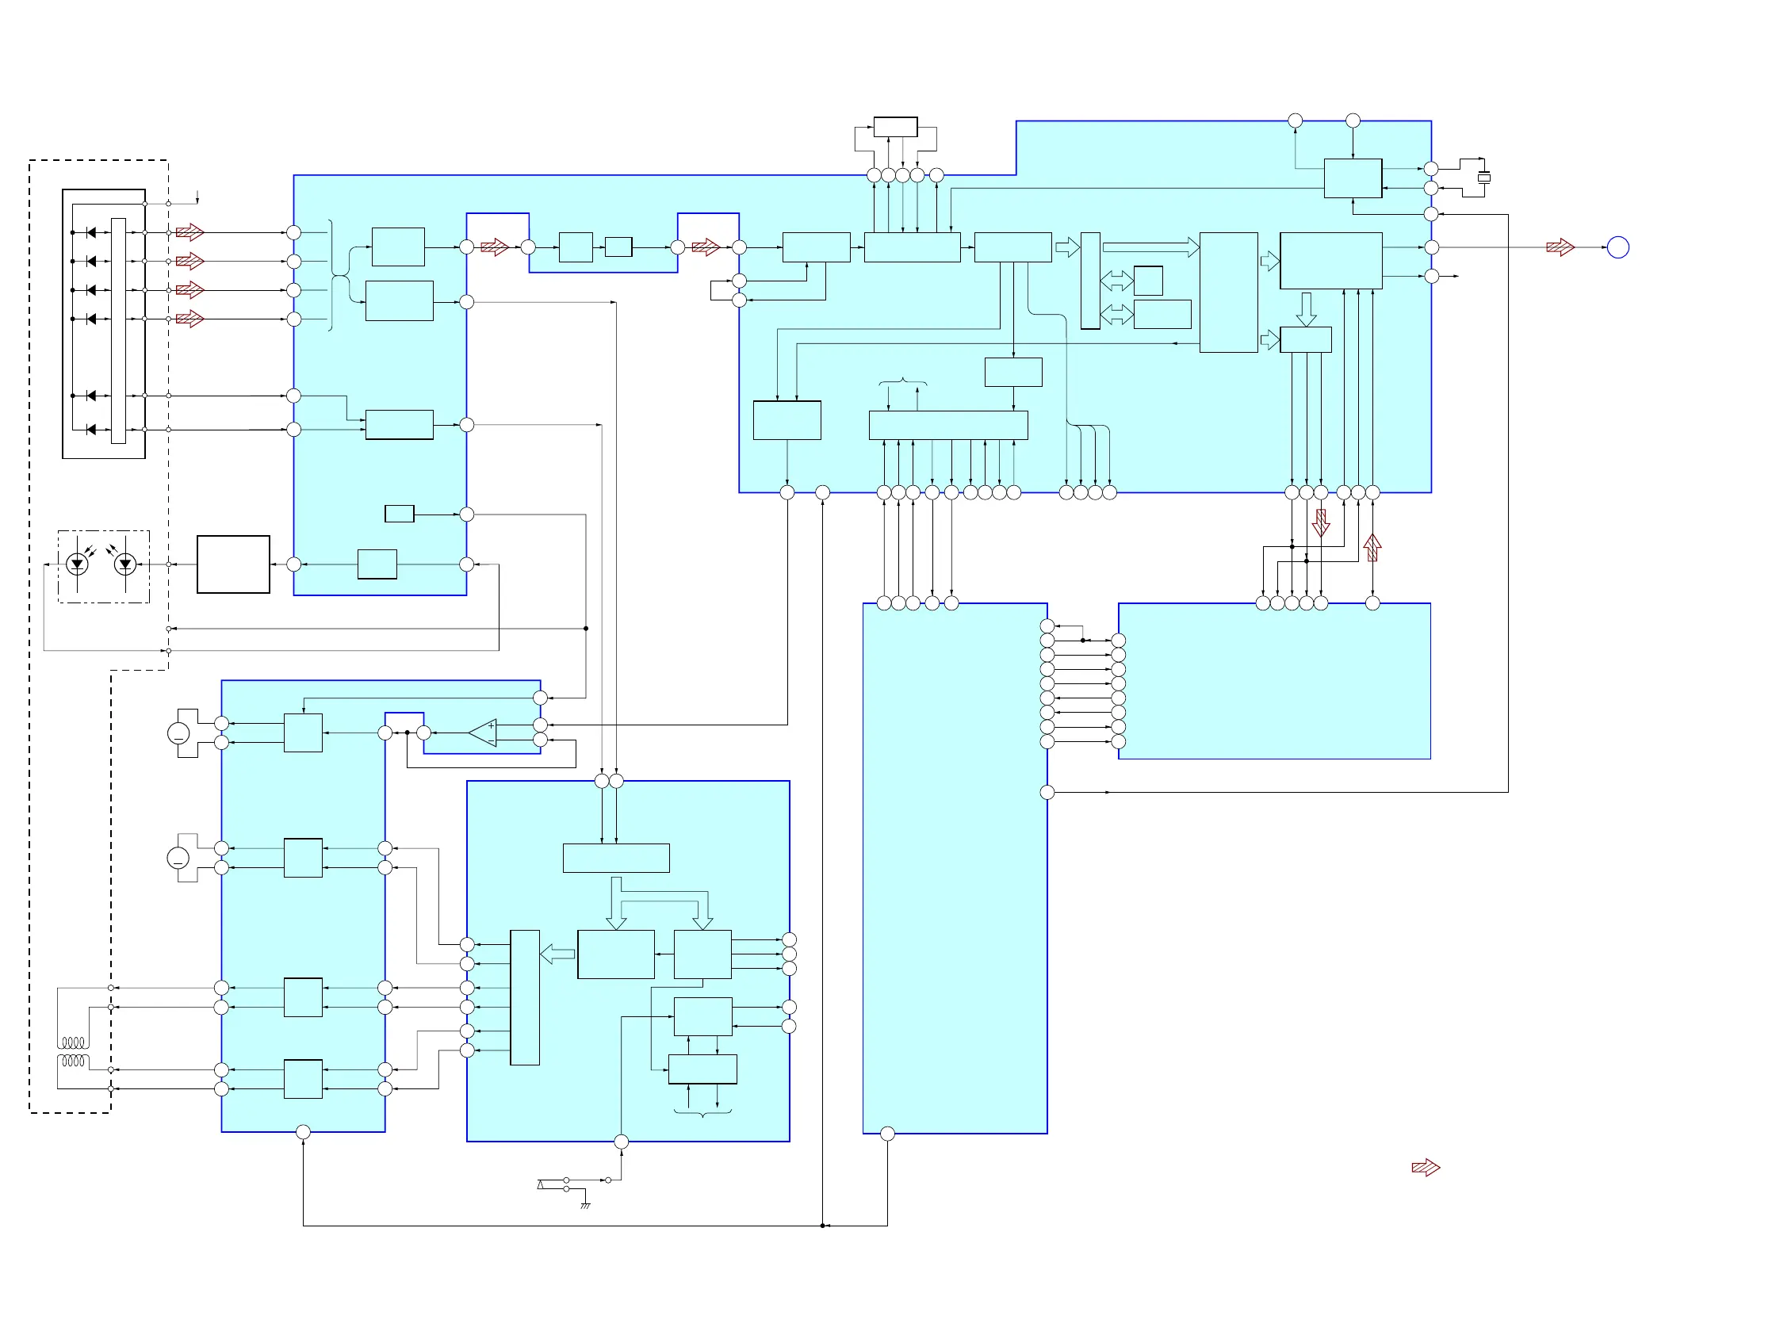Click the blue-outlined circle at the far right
tap(1618, 247)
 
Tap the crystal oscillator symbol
tap(1483, 178)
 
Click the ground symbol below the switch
tap(585, 1205)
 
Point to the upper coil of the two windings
tap(73, 1042)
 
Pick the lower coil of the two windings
tap(73, 1061)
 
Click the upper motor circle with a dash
tap(178, 733)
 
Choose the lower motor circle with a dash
tap(178, 858)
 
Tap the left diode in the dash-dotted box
tap(77, 564)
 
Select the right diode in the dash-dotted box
tap(124, 564)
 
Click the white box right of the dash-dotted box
tap(233, 564)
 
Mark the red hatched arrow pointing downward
tap(1321, 523)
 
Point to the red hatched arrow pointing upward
tap(1372, 548)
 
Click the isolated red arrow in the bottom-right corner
tap(1425, 1167)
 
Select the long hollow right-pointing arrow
tap(1150, 247)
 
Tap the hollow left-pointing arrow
tap(557, 954)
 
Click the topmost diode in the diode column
tap(91, 233)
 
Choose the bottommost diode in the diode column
tap(91, 430)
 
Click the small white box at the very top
tap(895, 127)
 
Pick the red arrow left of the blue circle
tap(1560, 247)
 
